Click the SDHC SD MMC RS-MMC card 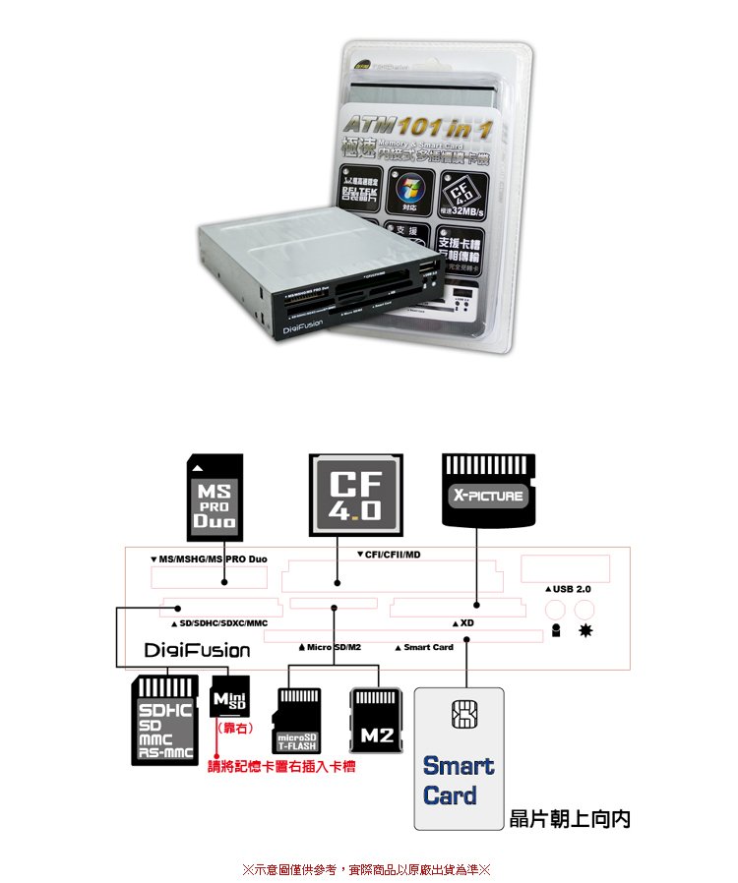pyautogui.click(x=164, y=720)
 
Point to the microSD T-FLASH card pyautogui.click(x=296, y=720)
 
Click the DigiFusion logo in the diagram pyautogui.click(x=197, y=651)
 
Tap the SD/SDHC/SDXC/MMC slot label pyautogui.click(x=218, y=623)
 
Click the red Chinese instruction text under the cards pyautogui.click(x=280, y=766)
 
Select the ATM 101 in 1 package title pyautogui.click(x=417, y=127)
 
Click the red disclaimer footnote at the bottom pyautogui.click(x=366, y=869)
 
